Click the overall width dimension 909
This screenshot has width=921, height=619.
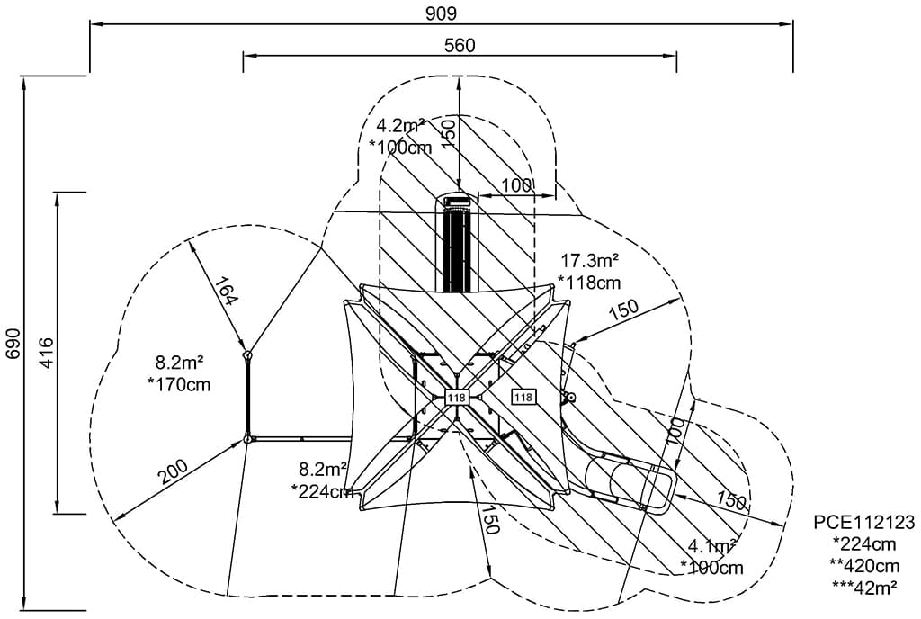tap(441, 13)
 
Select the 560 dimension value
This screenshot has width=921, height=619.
tap(459, 45)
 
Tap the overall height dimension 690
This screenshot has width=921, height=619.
tap(12, 343)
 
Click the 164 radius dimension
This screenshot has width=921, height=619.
tap(224, 291)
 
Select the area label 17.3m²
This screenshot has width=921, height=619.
tap(589, 262)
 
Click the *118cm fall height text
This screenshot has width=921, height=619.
tap(589, 283)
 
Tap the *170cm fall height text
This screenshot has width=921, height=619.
tap(178, 385)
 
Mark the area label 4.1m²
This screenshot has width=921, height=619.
tap(712, 546)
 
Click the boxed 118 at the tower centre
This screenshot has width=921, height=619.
tap(456, 398)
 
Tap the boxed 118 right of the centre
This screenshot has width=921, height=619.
tap(523, 396)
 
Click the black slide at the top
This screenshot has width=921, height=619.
tap(459, 243)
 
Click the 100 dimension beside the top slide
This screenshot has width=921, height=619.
tap(516, 185)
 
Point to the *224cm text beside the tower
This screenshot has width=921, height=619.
tap(322, 491)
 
